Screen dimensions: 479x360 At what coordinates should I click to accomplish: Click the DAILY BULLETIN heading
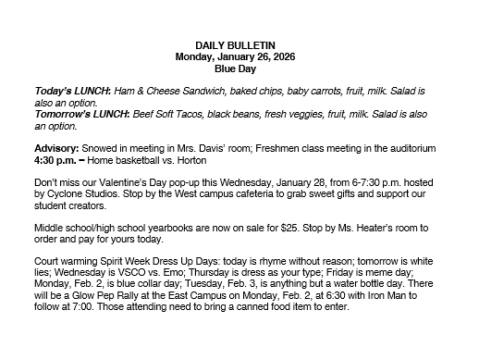coord(239,45)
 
